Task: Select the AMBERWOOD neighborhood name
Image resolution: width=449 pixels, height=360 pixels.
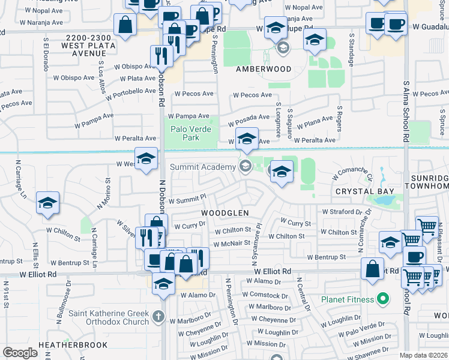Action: (x=264, y=69)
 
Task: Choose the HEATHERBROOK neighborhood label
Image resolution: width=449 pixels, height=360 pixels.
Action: (x=73, y=345)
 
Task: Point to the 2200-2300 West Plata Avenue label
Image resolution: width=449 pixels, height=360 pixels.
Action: (x=64, y=45)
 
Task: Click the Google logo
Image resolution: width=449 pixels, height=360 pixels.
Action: (x=20, y=353)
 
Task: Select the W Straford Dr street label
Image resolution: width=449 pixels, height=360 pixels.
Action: (x=342, y=212)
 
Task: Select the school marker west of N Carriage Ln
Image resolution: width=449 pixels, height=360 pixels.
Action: (x=47, y=203)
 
